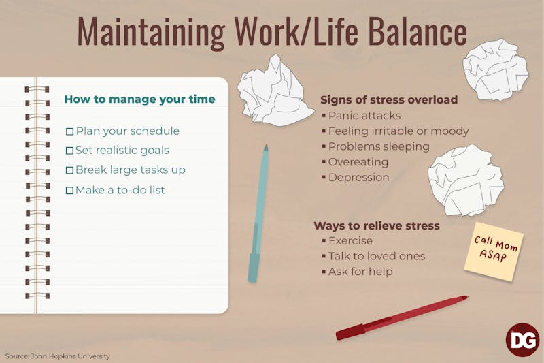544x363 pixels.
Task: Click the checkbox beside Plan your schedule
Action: [69, 131]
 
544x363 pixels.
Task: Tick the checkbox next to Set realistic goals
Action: [69, 151]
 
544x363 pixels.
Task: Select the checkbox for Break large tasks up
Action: [69, 170]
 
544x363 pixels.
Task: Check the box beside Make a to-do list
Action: [69, 190]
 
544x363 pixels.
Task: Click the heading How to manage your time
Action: [139, 99]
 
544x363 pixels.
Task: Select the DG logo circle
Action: [522, 339]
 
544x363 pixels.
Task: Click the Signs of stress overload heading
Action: [389, 99]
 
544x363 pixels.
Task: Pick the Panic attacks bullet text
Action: [364, 116]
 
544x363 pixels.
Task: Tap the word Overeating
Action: [358, 162]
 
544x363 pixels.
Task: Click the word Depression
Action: [358, 177]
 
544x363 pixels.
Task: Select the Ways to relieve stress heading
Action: [376, 225]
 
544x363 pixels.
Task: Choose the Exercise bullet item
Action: [350, 241]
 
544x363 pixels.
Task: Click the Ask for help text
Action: [360, 272]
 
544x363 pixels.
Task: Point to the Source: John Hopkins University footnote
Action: [58, 356]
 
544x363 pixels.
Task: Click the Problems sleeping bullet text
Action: [379, 146]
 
